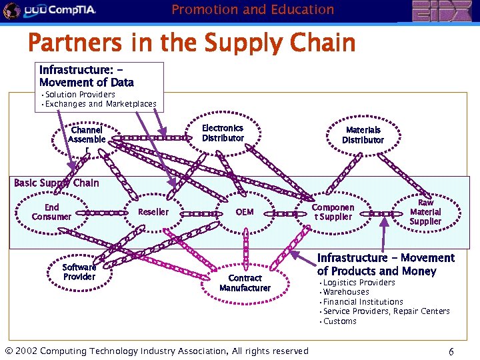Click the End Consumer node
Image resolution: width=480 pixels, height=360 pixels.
point(51,212)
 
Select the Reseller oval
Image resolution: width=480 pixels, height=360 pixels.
point(153,212)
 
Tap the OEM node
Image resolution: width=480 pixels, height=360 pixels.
point(245,212)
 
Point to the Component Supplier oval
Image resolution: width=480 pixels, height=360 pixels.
point(333,212)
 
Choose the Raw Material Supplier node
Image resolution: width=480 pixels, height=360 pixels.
point(425,212)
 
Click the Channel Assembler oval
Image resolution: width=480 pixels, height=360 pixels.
point(87,138)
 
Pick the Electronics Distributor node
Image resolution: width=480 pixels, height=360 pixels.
point(223,133)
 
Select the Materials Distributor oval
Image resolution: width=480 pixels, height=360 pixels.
point(363,135)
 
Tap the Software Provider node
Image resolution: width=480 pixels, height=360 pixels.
point(79,272)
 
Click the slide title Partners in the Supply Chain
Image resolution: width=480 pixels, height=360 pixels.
point(192,43)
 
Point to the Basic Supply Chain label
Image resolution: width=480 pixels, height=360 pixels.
point(56,183)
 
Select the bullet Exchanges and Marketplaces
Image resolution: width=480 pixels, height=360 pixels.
point(100,104)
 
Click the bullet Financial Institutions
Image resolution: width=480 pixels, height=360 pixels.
point(363,302)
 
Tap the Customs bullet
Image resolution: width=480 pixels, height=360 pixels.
point(340,321)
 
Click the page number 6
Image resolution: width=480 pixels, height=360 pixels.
point(451,351)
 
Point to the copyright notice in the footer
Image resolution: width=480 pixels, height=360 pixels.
point(157,351)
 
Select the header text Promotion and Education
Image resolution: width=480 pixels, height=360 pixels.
point(253,9)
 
